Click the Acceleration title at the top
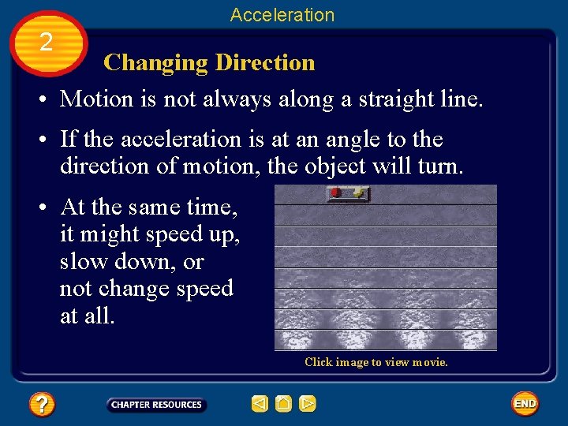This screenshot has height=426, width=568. [282, 14]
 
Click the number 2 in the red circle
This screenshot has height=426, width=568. [47, 42]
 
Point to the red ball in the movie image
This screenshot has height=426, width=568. [336, 192]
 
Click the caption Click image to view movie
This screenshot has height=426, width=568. [376, 362]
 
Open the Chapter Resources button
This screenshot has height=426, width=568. [156, 405]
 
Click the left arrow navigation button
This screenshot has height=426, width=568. [260, 404]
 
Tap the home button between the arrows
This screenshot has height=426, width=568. [283, 404]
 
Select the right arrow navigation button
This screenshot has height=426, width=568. [308, 404]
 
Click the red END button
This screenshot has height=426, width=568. [525, 404]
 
